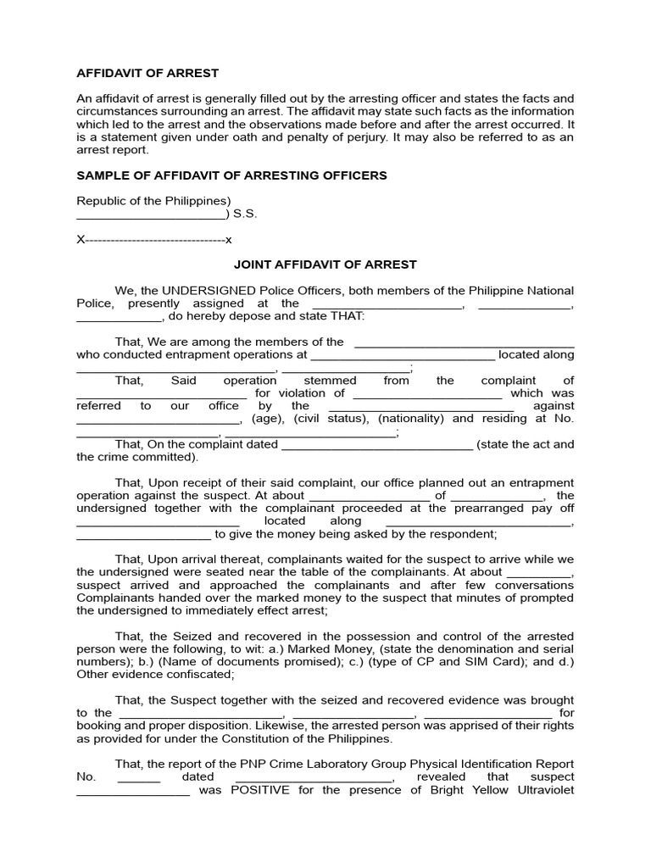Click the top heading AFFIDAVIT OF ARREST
[147, 73]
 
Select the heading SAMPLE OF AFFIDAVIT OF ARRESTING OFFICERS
[231, 175]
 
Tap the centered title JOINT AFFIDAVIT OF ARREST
[325, 264]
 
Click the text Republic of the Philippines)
[153, 201]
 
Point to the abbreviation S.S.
[245, 214]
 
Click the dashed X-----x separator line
[154, 240]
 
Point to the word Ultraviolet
[542, 790]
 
